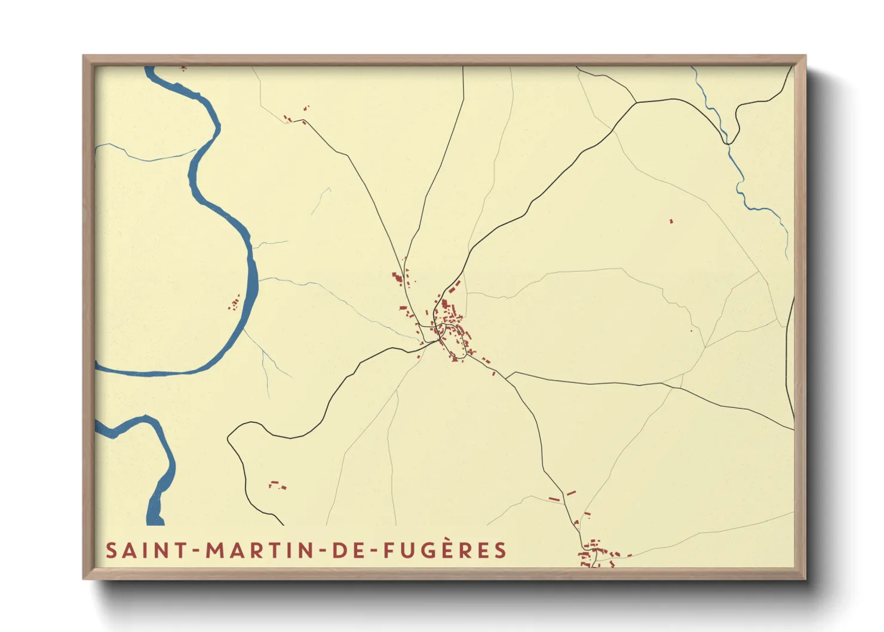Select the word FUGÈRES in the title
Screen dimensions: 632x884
tap(445, 550)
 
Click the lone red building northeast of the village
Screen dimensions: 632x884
tap(671, 221)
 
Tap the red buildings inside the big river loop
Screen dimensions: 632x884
tap(234, 303)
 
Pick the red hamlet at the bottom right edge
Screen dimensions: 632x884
tap(597, 553)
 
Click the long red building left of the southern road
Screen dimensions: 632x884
tap(555, 499)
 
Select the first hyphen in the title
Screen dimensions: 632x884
tap(197, 551)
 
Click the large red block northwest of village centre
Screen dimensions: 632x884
tap(396, 278)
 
